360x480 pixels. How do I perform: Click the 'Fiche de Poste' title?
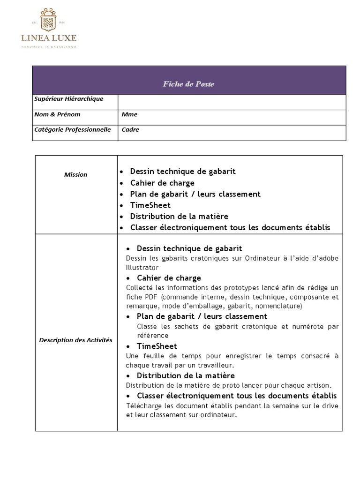point(188,84)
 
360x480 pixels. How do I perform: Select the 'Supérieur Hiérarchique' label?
point(68,99)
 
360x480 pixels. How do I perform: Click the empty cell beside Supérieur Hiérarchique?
point(231,102)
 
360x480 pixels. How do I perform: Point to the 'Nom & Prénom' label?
point(57,114)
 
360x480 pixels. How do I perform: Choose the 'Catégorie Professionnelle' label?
point(72,129)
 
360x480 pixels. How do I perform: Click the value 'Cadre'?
point(130,130)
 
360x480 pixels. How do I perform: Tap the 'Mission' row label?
point(75,175)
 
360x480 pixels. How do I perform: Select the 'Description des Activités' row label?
point(75,340)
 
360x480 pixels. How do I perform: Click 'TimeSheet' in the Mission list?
point(150,205)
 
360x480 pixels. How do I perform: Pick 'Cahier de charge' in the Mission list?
point(162,183)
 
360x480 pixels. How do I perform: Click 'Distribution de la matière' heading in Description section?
point(186,376)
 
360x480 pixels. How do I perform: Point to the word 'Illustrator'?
point(142,268)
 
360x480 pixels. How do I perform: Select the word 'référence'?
point(152,336)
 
